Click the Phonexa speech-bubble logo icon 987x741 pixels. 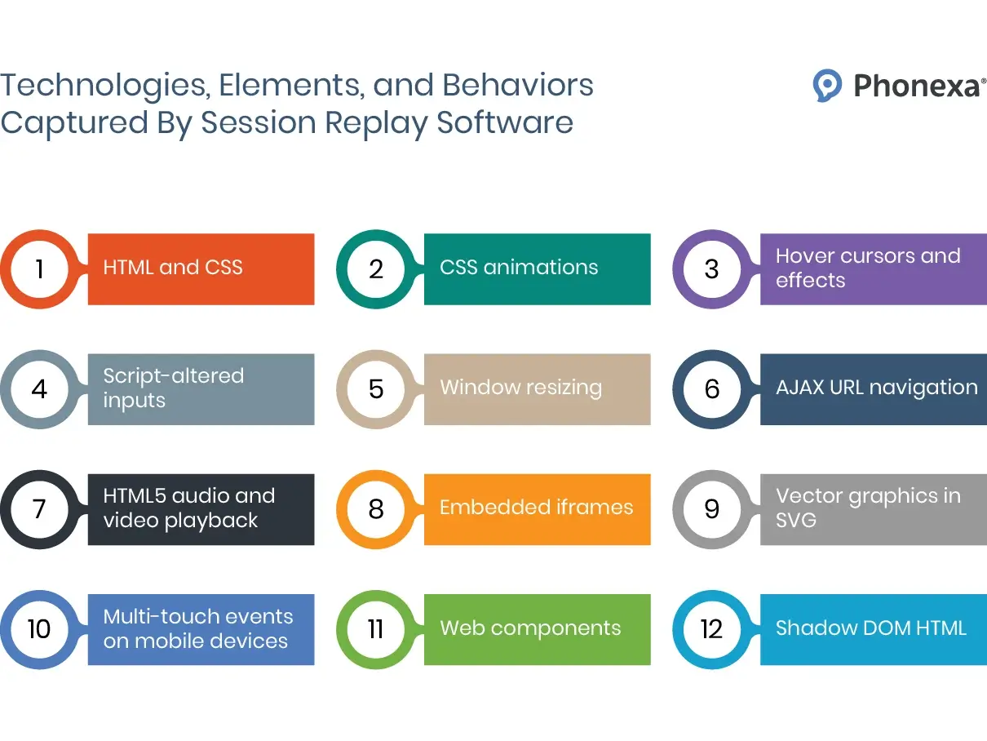tap(827, 85)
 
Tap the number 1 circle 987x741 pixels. tap(39, 268)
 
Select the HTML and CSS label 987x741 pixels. tap(173, 268)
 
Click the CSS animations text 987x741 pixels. tap(519, 268)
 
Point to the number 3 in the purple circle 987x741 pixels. tap(711, 268)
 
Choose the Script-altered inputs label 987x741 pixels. tap(173, 388)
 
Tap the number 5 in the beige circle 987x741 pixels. tap(375, 389)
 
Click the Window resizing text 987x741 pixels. tap(520, 388)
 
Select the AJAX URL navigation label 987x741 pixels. tap(876, 388)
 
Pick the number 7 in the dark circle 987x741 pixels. tap(39, 509)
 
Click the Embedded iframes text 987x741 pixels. tap(536, 508)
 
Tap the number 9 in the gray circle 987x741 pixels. tap(711, 509)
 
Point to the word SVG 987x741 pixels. tap(795, 521)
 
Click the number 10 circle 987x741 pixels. tap(39, 629)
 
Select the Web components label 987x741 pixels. tap(530, 628)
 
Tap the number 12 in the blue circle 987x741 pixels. tap(711, 629)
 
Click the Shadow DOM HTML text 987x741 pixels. tap(870, 628)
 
